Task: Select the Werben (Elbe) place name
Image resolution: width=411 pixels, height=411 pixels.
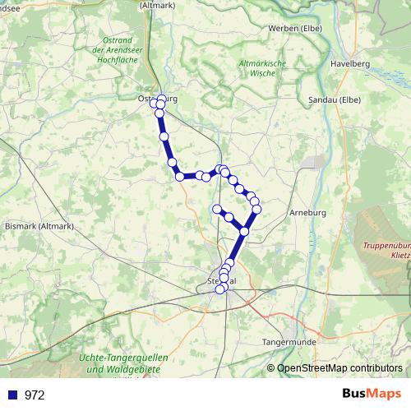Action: [294, 28]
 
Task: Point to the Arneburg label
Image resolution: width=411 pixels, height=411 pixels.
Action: [308, 213]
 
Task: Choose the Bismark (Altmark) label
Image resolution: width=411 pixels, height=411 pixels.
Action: [39, 225]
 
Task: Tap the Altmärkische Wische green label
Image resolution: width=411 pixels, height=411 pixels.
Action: [261, 67]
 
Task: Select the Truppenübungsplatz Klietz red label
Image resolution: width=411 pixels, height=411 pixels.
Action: [386, 251]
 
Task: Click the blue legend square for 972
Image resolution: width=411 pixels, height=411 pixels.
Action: [12, 395]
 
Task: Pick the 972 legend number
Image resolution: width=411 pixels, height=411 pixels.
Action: [35, 395]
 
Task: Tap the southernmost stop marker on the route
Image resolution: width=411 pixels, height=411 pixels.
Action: [219, 289]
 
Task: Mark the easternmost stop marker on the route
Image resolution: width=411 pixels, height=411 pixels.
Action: [256, 210]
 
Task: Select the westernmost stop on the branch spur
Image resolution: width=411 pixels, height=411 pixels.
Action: [217, 209]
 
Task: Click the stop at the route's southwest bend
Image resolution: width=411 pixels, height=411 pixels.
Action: [178, 176]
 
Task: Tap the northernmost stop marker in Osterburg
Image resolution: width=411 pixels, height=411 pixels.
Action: [161, 98]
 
